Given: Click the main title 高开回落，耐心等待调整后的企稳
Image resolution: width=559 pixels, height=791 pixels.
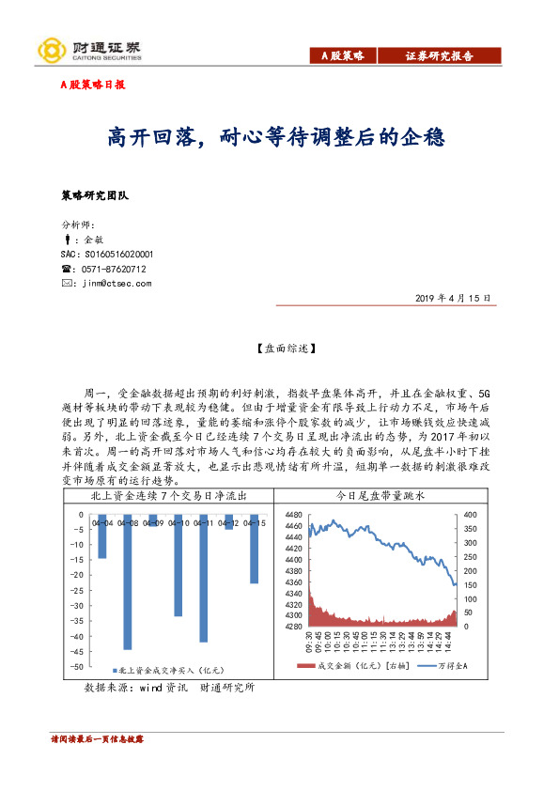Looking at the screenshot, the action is tap(275, 138).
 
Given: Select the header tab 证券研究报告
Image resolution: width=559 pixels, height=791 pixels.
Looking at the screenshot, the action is tap(439, 56).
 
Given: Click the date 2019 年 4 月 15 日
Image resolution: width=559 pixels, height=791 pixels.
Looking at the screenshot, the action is tap(451, 298).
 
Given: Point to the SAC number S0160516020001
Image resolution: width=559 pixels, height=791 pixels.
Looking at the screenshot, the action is tap(106, 255).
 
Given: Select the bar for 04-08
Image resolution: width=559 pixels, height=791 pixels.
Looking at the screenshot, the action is tap(127, 582).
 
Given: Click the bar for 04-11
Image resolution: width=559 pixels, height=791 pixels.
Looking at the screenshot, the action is tap(203, 578).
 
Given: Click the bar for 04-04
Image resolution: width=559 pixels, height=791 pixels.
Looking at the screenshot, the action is tap(101, 536).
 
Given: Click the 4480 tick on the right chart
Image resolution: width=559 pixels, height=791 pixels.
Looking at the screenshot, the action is tap(292, 514).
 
